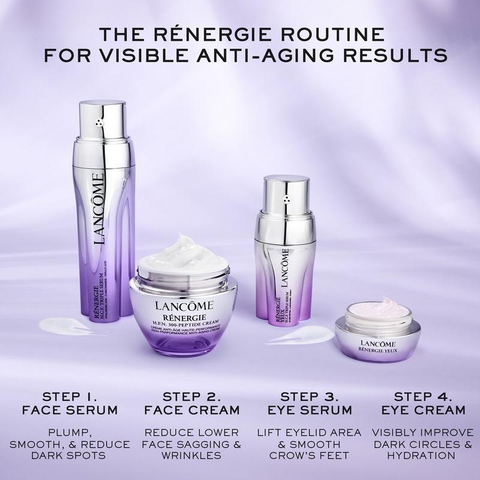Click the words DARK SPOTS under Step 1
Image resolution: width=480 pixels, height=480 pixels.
point(76,455)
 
